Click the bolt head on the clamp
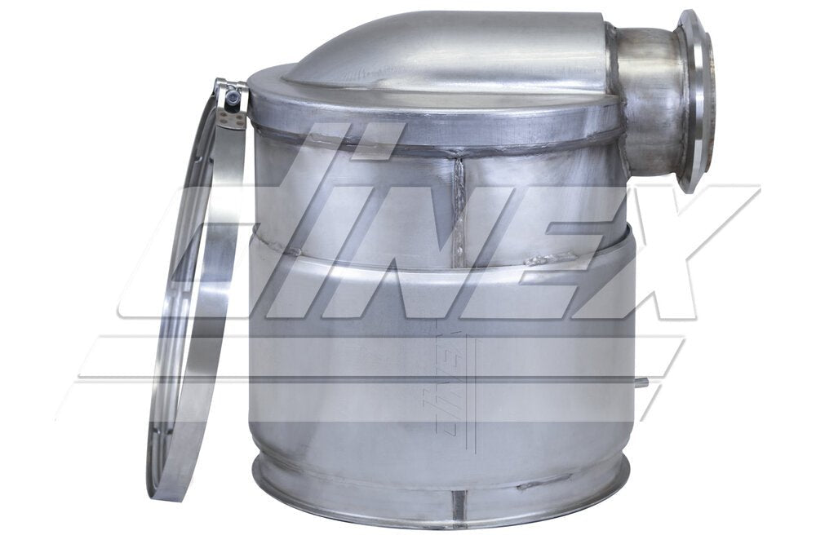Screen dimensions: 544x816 pyautogui.click(x=234, y=96)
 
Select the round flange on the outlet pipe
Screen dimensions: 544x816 pyautogui.click(x=696, y=101)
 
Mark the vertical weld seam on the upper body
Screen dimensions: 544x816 pyautogui.click(x=459, y=204)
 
